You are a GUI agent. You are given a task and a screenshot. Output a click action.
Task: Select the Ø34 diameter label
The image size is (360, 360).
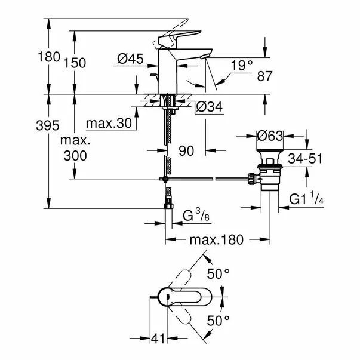210,107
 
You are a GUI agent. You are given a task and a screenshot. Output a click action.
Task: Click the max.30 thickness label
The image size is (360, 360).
107,124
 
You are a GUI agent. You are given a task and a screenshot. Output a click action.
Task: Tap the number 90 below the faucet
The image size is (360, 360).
187,152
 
